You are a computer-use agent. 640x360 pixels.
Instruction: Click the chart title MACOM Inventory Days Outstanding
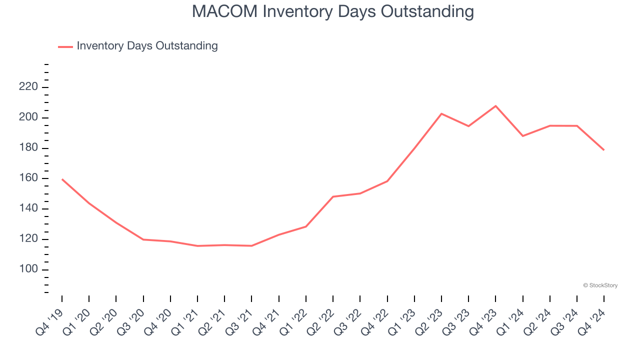[332, 11]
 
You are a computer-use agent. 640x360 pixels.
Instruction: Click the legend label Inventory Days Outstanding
[147, 46]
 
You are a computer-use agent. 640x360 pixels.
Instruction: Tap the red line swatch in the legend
[65, 46]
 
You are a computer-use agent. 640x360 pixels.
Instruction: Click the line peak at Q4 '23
[495, 106]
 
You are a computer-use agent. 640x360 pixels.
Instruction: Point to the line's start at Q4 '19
[62, 179]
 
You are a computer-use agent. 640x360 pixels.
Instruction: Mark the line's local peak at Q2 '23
[441, 113]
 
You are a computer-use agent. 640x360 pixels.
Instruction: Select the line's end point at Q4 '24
[604, 150]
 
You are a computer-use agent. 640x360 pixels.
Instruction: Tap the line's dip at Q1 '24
[523, 136]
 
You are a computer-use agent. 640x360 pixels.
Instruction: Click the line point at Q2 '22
[333, 196]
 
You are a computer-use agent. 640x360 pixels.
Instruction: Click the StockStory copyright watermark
[600, 285]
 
